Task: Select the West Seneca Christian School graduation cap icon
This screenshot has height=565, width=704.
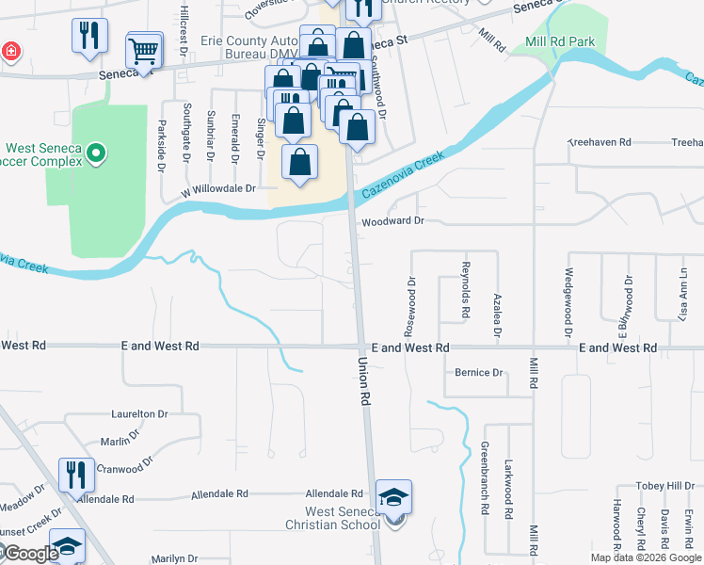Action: point(393,497)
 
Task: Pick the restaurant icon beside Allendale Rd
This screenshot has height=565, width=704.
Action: point(76,476)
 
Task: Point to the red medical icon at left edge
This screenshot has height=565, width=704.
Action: point(9,50)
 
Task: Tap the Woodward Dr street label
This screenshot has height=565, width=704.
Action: point(393,220)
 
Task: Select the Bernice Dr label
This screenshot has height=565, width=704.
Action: point(478,373)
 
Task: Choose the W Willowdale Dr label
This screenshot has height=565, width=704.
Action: point(218,188)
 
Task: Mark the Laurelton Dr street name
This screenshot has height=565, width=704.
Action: point(139,413)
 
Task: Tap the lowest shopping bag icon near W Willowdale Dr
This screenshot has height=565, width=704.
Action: point(299,163)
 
